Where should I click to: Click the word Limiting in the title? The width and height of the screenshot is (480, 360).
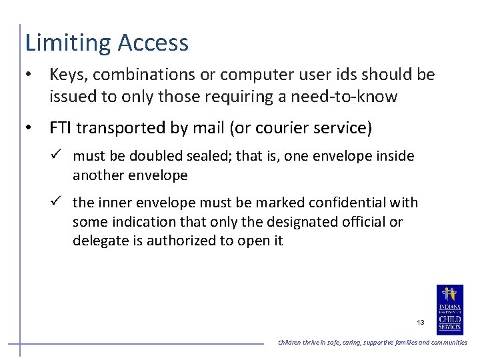[x=69, y=43]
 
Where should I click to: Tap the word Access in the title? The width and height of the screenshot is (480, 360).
[x=153, y=43]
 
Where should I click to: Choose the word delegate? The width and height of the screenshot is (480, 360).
[x=99, y=241]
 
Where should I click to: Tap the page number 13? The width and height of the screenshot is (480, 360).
[x=420, y=322]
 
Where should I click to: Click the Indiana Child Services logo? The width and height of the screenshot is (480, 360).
[x=449, y=309]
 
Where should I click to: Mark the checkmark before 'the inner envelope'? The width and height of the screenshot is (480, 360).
[x=58, y=202]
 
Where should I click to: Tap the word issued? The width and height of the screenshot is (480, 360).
[x=70, y=97]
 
